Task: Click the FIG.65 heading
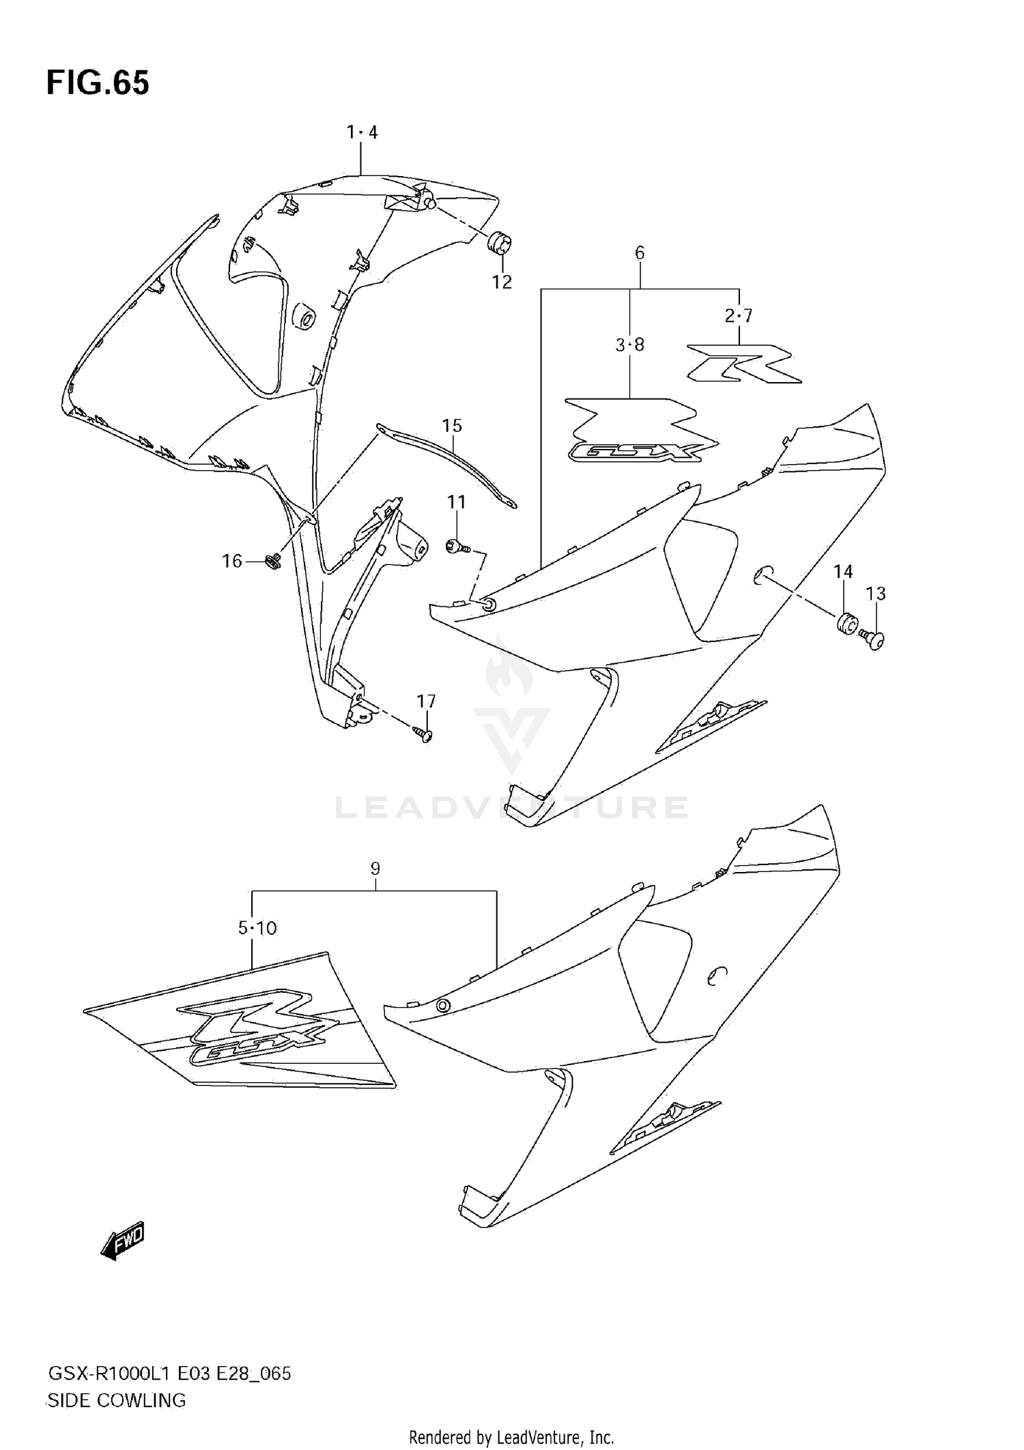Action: point(98,84)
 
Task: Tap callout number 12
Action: point(502,282)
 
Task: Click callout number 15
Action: point(452,426)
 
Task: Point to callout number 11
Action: point(456,502)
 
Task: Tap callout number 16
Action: point(232,561)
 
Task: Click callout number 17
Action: point(427,701)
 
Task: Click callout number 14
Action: point(843,572)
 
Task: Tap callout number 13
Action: point(876,594)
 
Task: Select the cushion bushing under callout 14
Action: point(847,624)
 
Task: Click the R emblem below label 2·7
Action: point(744,362)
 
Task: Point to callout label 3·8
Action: point(629,345)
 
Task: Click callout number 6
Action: point(640,253)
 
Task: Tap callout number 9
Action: point(375,869)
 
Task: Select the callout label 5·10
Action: point(257,928)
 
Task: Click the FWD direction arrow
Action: point(123,1240)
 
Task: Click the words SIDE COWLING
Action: point(116,1400)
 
